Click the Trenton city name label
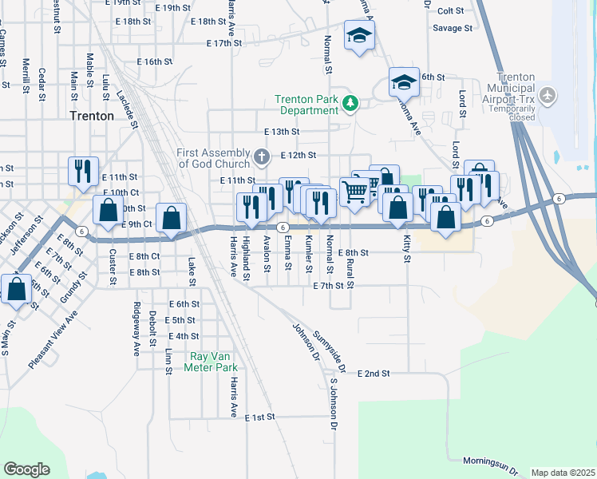(92, 115)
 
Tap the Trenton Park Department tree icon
(349, 102)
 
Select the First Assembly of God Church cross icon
(261, 155)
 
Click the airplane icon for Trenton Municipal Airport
(548, 96)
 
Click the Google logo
(26, 469)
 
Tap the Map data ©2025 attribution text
(562, 473)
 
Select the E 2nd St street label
(374, 373)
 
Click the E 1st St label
(259, 418)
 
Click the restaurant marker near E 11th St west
(83, 169)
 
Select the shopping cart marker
(354, 189)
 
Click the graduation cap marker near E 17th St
(359, 35)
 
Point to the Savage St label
(453, 28)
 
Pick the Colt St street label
(451, 10)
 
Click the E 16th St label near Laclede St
(155, 61)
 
